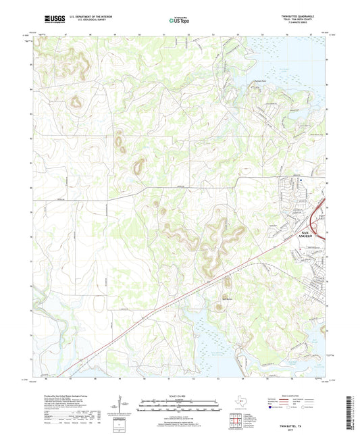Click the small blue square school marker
[301, 180]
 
